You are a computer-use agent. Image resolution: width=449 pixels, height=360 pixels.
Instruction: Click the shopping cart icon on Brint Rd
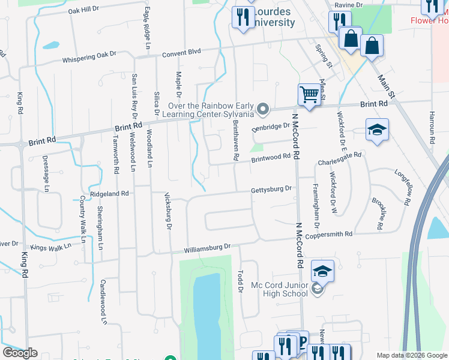pyautogui.click(x=309, y=94)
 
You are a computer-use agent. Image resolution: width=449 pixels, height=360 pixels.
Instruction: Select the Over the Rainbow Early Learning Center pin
pyautogui.click(x=262, y=109)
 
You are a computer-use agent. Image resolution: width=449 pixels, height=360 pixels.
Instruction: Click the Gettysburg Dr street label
pyautogui.click(x=271, y=190)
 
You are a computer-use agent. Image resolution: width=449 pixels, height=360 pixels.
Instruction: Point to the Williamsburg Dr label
pyautogui.click(x=208, y=247)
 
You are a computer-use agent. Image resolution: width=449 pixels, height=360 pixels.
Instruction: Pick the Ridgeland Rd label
pyautogui.click(x=109, y=194)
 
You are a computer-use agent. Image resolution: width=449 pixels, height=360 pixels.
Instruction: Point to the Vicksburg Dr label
pyautogui.click(x=167, y=211)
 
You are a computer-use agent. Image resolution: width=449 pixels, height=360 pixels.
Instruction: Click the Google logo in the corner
pyautogui.click(x=20, y=353)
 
